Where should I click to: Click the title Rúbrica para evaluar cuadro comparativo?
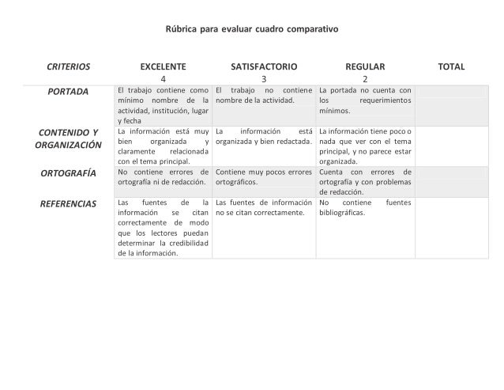[x=251, y=29]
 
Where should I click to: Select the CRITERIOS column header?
[x=68, y=66]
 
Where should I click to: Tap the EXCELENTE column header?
[x=163, y=66]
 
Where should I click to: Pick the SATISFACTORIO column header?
[x=264, y=66]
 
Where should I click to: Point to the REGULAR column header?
[x=365, y=66]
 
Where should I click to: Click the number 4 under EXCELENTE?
[x=163, y=79]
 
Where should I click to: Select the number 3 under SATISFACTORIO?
[x=264, y=79]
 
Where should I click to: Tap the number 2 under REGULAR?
[x=365, y=79]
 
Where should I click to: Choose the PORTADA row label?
[x=68, y=93]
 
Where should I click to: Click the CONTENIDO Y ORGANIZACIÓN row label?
[x=68, y=138]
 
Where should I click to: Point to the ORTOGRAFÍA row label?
[x=68, y=172]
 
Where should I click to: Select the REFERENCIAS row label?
[x=68, y=203]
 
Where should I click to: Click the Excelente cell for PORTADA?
[x=163, y=106]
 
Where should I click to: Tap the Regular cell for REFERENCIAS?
[x=365, y=207]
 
